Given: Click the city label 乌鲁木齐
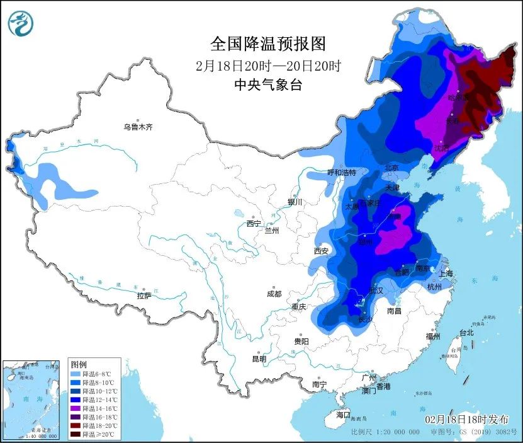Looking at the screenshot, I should pyautogui.click(x=138, y=127).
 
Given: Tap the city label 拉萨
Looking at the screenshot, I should pyautogui.click(x=144, y=296).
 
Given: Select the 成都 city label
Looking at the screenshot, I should pyautogui.click(x=274, y=294).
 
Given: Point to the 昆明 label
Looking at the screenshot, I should pyautogui.click(x=259, y=359).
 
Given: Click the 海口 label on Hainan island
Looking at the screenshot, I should pyautogui.click(x=342, y=415).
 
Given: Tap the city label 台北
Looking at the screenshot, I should pyautogui.click(x=466, y=333).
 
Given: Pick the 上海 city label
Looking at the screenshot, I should pyautogui.click(x=446, y=273).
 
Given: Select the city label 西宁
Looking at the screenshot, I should pyautogui.click(x=254, y=224).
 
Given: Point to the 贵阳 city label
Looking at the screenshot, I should pyautogui.click(x=301, y=341).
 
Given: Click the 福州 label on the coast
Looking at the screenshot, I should pyautogui.click(x=432, y=336).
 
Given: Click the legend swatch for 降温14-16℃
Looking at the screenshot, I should pyautogui.click(x=77, y=408).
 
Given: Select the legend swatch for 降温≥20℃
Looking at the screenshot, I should pyautogui.click(x=77, y=434).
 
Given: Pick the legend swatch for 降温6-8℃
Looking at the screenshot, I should pyautogui.click(x=77, y=374).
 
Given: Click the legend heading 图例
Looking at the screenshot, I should pyautogui.click(x=79, y=364).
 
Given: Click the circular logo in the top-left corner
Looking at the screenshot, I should pyautogui.click(x=20, y=23).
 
